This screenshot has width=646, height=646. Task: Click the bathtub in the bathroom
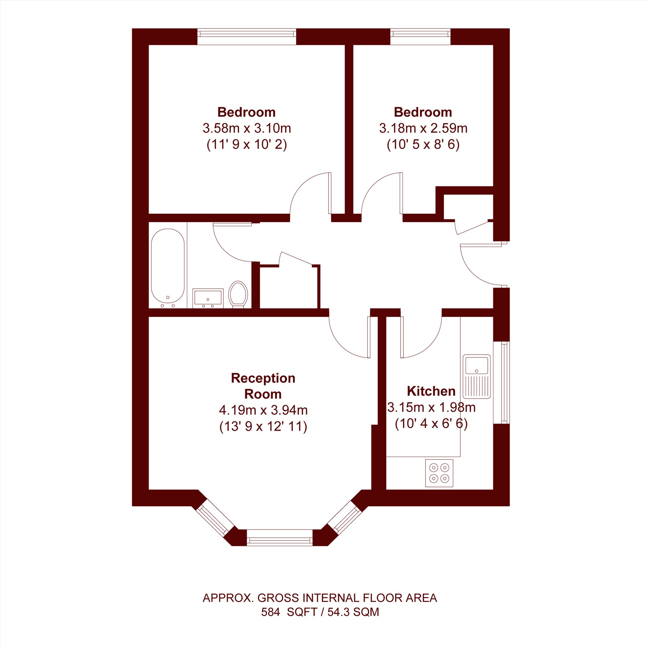(168, 268)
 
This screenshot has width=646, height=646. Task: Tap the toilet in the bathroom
(238, 294)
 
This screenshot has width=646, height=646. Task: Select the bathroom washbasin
(208, 298)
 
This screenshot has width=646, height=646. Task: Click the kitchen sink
(476, 377)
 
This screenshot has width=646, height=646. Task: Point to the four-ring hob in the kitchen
(439, 473)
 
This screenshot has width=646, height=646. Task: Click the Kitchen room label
(431, 391)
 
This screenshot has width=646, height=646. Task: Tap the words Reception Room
(263, 386)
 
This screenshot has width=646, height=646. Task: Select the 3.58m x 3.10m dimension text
(247, 128)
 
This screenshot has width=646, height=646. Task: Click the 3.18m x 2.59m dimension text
(423, 128)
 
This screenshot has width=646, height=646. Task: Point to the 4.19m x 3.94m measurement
(263, 410)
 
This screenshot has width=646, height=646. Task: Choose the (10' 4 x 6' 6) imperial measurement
(431, 424)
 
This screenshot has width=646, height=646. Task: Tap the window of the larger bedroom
(247, 36)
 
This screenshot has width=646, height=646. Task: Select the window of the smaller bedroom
(420, 36)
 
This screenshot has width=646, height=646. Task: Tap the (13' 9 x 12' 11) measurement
(263, 427)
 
